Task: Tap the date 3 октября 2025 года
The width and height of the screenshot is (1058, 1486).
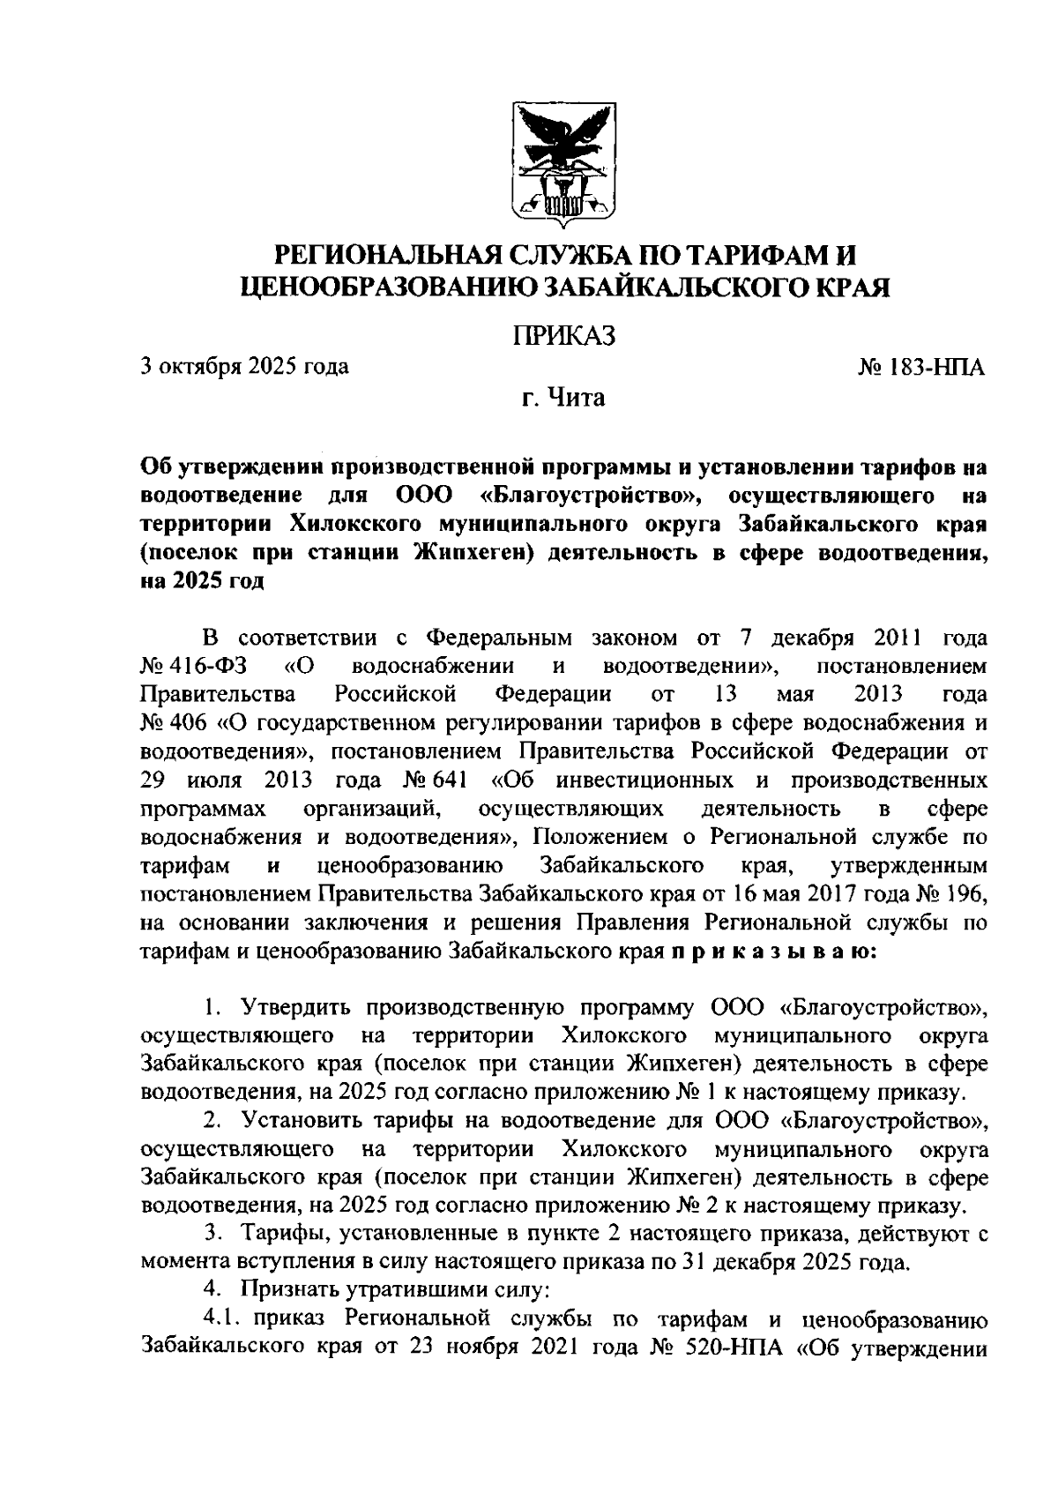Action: pyautogui.click(x=244, y=365)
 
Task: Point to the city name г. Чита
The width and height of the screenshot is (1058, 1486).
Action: pyautogui.click(x=563, y=399)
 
